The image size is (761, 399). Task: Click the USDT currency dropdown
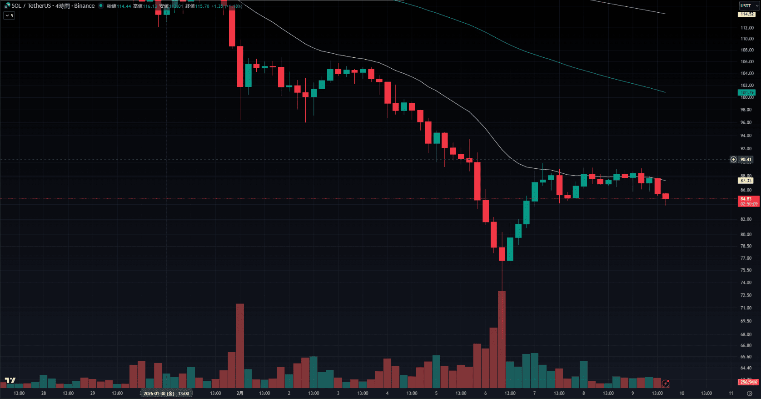(749, 5)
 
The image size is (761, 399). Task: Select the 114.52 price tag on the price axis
(747, 14)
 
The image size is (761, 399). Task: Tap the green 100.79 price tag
(747, 92)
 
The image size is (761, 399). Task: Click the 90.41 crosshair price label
(746, 159)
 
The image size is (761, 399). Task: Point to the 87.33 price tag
(746, 181)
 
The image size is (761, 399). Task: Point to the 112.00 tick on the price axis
(747, 28)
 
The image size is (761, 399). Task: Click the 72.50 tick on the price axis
(746, 295)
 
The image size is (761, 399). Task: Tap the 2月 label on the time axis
(240, 393)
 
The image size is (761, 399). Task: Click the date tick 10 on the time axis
(681, 393)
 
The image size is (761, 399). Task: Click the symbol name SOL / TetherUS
(31, 6)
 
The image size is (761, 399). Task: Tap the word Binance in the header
(85, 6)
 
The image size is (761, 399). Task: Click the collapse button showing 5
(9, 15)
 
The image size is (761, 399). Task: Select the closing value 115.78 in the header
(202, 6)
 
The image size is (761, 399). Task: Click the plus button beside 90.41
(733, 159)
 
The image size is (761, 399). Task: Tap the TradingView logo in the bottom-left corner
(10, 381)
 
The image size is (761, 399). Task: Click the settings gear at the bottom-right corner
(749, 394)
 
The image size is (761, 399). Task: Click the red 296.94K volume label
(748, 382)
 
